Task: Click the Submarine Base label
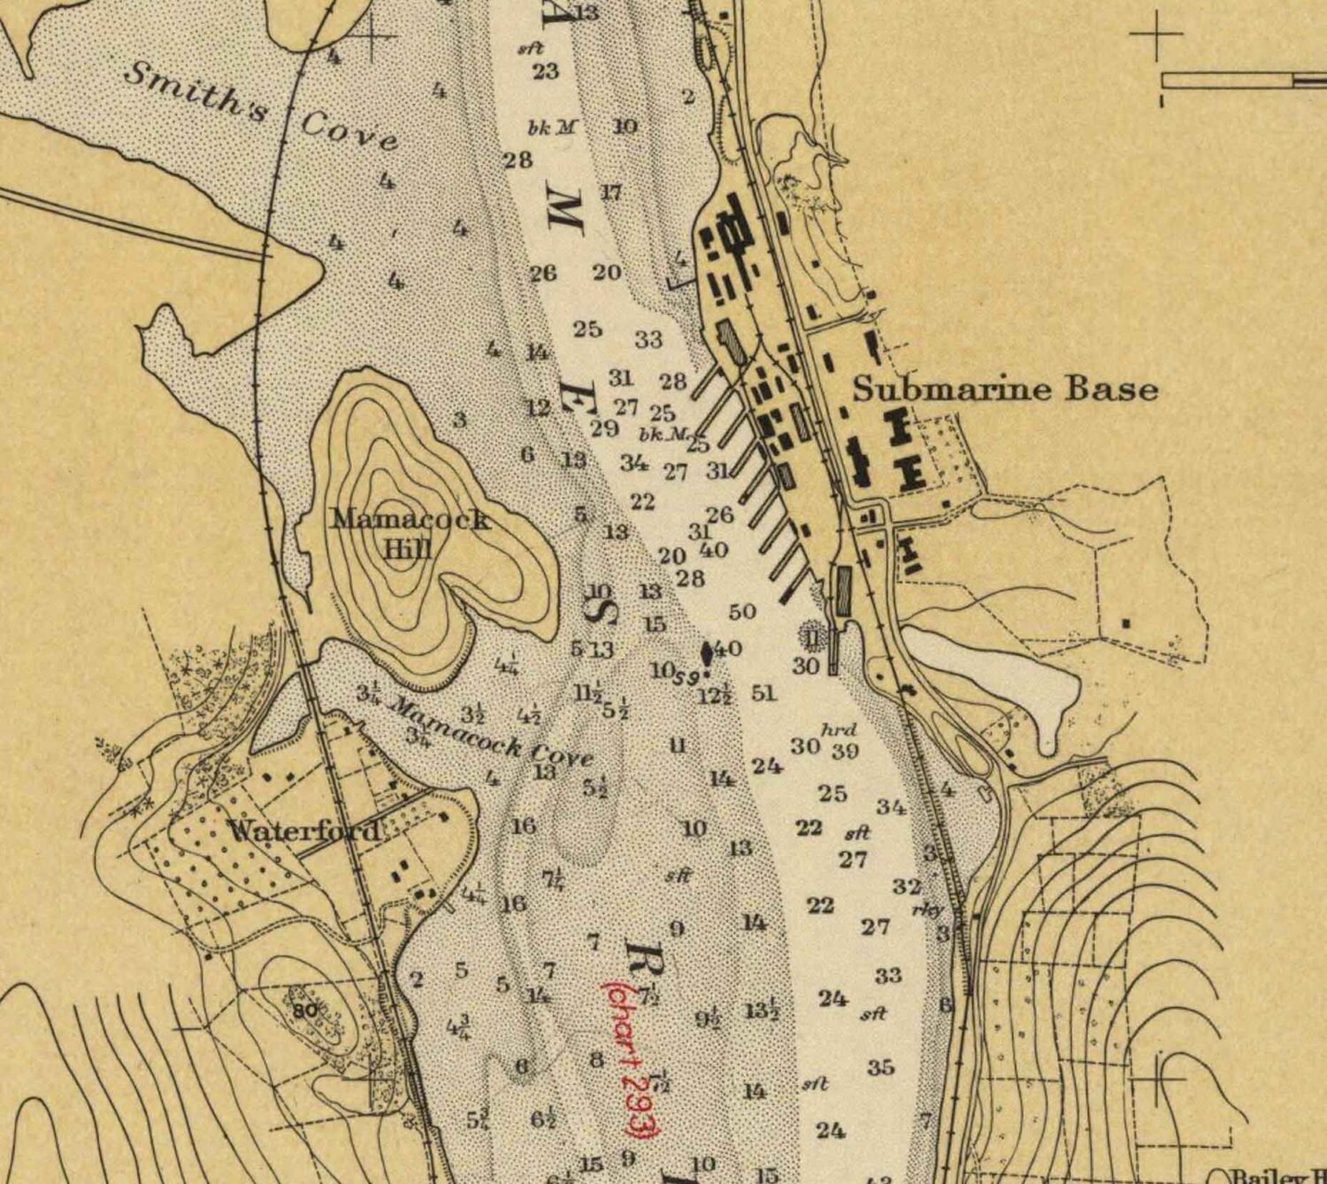(x=1005, y=389)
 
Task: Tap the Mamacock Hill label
(x=409, y=533)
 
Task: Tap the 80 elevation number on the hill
(x=304, y=1012)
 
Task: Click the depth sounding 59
(x=687, y=679)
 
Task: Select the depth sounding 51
(x=763, y=693)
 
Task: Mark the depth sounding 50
(x=742, y=612)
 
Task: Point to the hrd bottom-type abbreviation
(x=839, y=729)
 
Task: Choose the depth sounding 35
(x=880, y=1067)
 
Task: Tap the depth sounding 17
(x=611, y=192)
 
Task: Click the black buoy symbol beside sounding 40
(x=707, y=653)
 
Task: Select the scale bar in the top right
(x=1243, y=80)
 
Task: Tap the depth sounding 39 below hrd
(x=846, y=752)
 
